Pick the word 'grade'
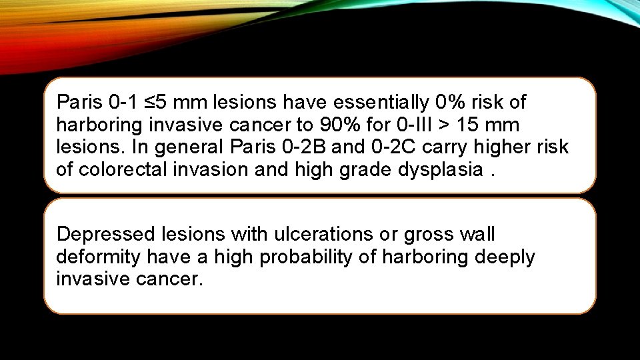[363, 170]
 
